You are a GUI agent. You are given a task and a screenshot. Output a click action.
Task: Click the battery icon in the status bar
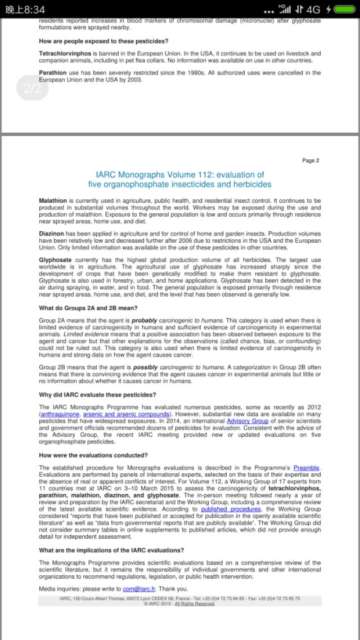[345, 10]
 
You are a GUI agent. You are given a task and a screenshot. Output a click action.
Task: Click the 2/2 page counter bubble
[33, 88]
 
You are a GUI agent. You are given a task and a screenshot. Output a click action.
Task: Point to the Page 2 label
[310, 160]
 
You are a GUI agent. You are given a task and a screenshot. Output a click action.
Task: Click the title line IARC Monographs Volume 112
[179, 174]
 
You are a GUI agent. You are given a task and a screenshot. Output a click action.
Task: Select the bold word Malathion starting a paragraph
[53, 200]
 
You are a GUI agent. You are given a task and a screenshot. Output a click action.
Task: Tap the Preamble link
[307, 468]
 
